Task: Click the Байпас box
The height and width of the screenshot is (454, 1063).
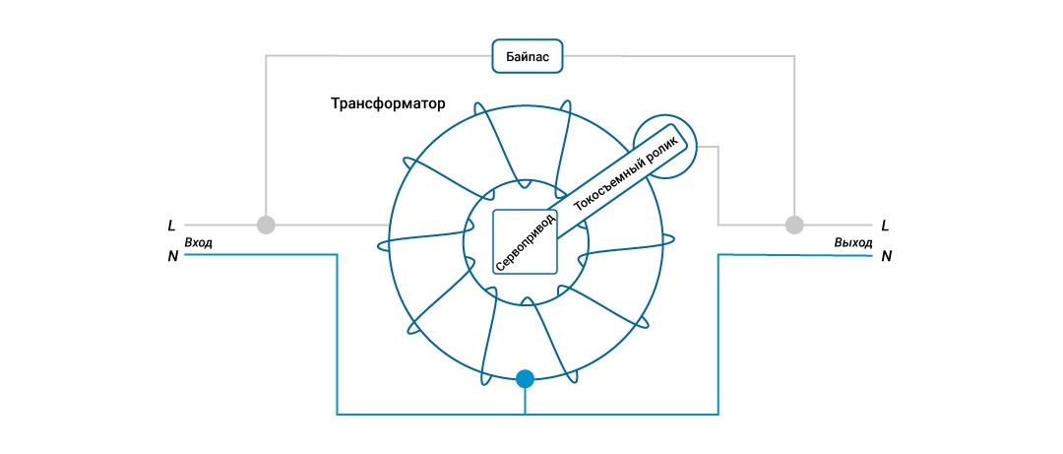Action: point(527,57)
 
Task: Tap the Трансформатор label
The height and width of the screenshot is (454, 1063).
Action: point(389,102)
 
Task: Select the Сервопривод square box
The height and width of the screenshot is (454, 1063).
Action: point(525,242)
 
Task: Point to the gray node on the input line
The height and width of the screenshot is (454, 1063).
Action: point(265,225)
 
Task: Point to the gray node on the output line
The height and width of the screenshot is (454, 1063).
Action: point(793,225)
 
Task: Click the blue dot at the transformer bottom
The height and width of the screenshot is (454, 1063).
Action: point(526,378)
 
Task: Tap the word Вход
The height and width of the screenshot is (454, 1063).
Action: point(198,242)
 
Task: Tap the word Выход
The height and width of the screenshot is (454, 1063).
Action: point(851,242)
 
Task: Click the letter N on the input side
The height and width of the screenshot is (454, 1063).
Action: point(172,257)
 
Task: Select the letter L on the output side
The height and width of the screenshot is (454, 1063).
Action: point(886,226)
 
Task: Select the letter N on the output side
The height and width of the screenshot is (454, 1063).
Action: point(886,257)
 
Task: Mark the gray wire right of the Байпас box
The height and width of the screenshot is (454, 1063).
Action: point(679,56)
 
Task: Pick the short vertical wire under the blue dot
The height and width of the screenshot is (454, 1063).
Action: point(526,400)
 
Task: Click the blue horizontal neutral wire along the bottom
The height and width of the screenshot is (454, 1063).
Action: point(433,414)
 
